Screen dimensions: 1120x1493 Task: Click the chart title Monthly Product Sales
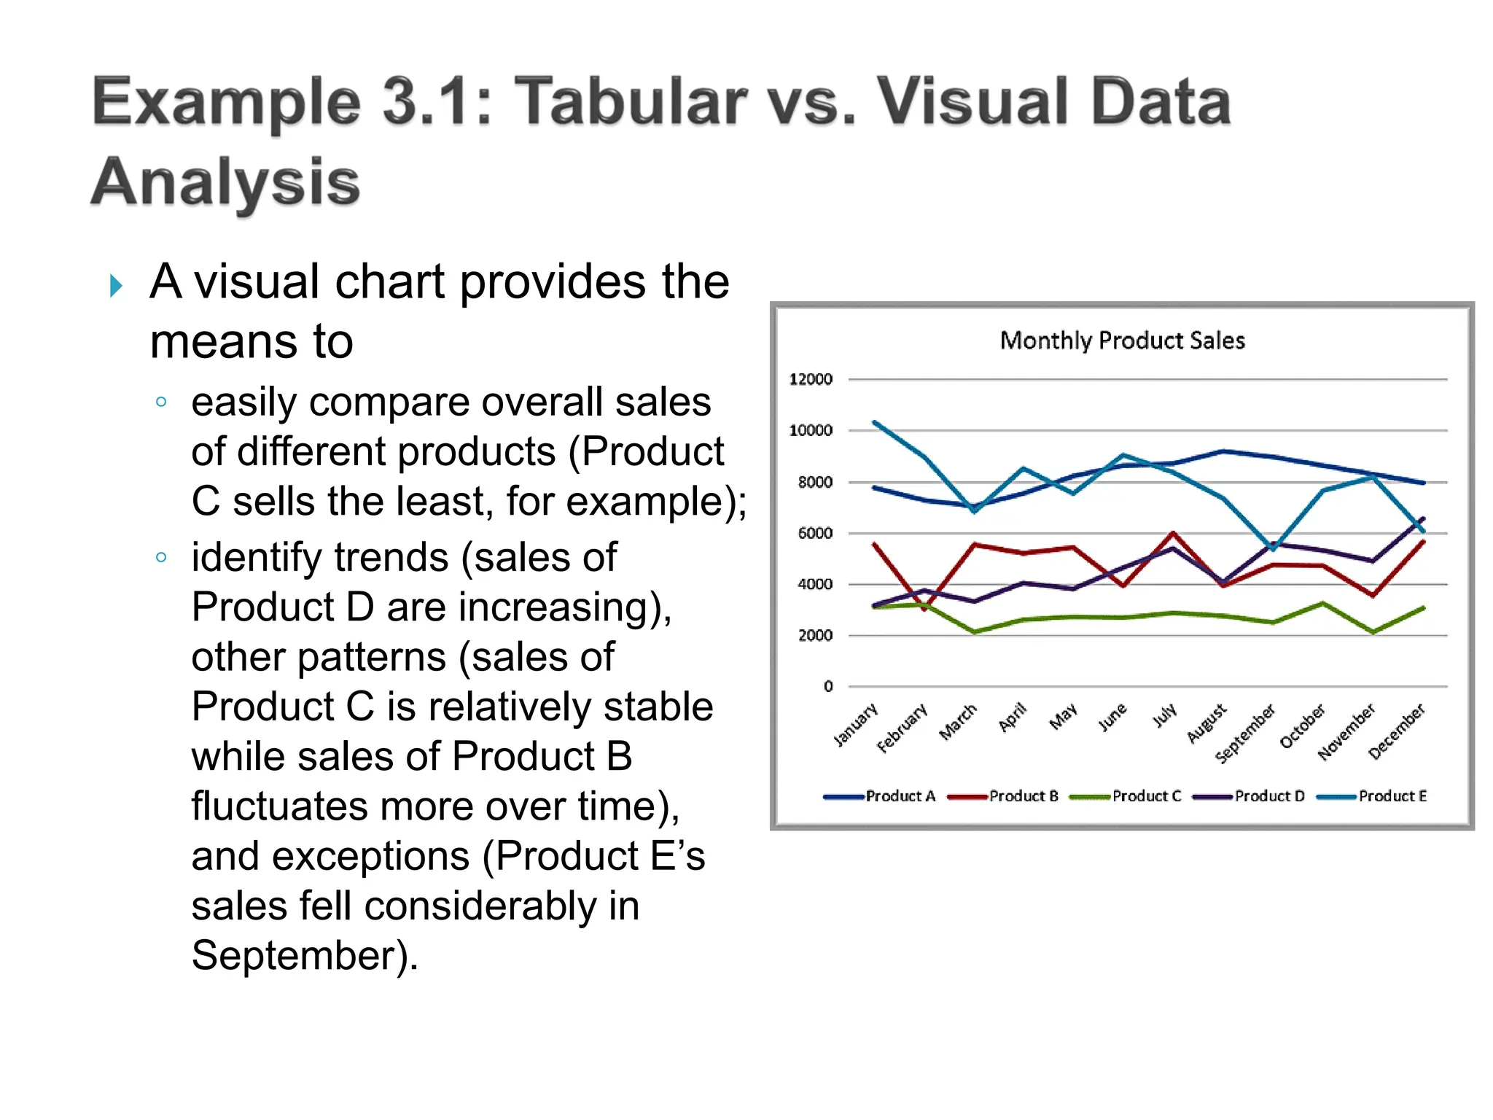point(1122,341)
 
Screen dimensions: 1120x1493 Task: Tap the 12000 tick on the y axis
point(811,379)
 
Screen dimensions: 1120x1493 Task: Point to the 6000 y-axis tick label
point(815,533)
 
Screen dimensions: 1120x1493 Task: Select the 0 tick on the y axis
point(827,686)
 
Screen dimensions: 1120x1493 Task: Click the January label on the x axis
point(856,725)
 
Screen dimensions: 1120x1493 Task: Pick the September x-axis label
point(1245,734)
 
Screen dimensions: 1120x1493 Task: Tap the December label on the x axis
point(1396,731)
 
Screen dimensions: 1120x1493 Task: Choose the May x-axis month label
point(1063,717)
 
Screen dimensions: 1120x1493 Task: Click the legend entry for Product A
point(900,796)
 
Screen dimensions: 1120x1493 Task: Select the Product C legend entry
point(1146,796)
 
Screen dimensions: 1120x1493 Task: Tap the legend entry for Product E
point(1392,796)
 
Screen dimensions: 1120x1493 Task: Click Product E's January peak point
point(875,422)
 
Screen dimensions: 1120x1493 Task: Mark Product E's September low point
point(1273,548)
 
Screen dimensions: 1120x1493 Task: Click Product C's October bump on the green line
point(1323,603)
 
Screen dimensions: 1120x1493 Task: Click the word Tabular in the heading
point(631,101)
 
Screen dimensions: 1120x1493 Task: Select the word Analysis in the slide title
point(226,182)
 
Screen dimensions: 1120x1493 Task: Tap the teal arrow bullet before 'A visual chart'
point(115,285)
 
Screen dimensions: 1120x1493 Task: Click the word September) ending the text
point(305,955)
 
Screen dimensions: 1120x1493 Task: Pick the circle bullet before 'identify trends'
point(161,558)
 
